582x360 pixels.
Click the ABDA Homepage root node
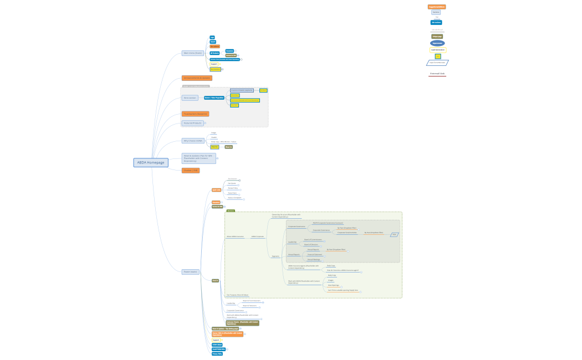151,162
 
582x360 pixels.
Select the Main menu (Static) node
193,53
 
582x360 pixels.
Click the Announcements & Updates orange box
197,78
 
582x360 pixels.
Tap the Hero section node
190,97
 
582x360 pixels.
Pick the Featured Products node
193,123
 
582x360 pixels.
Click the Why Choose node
193,141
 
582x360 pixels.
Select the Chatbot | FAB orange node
190,171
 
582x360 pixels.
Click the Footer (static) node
190,271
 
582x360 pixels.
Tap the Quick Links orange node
216,190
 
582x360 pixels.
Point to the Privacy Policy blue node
217,353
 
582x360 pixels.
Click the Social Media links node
218,349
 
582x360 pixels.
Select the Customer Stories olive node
242,322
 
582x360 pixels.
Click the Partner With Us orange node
227,334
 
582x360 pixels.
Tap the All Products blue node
215,53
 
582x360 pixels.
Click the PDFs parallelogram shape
395,235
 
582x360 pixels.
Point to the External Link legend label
437,74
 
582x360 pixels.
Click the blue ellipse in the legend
437,43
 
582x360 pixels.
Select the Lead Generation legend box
437,50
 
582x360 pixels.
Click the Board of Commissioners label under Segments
312,240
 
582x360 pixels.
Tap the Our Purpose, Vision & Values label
237,295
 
